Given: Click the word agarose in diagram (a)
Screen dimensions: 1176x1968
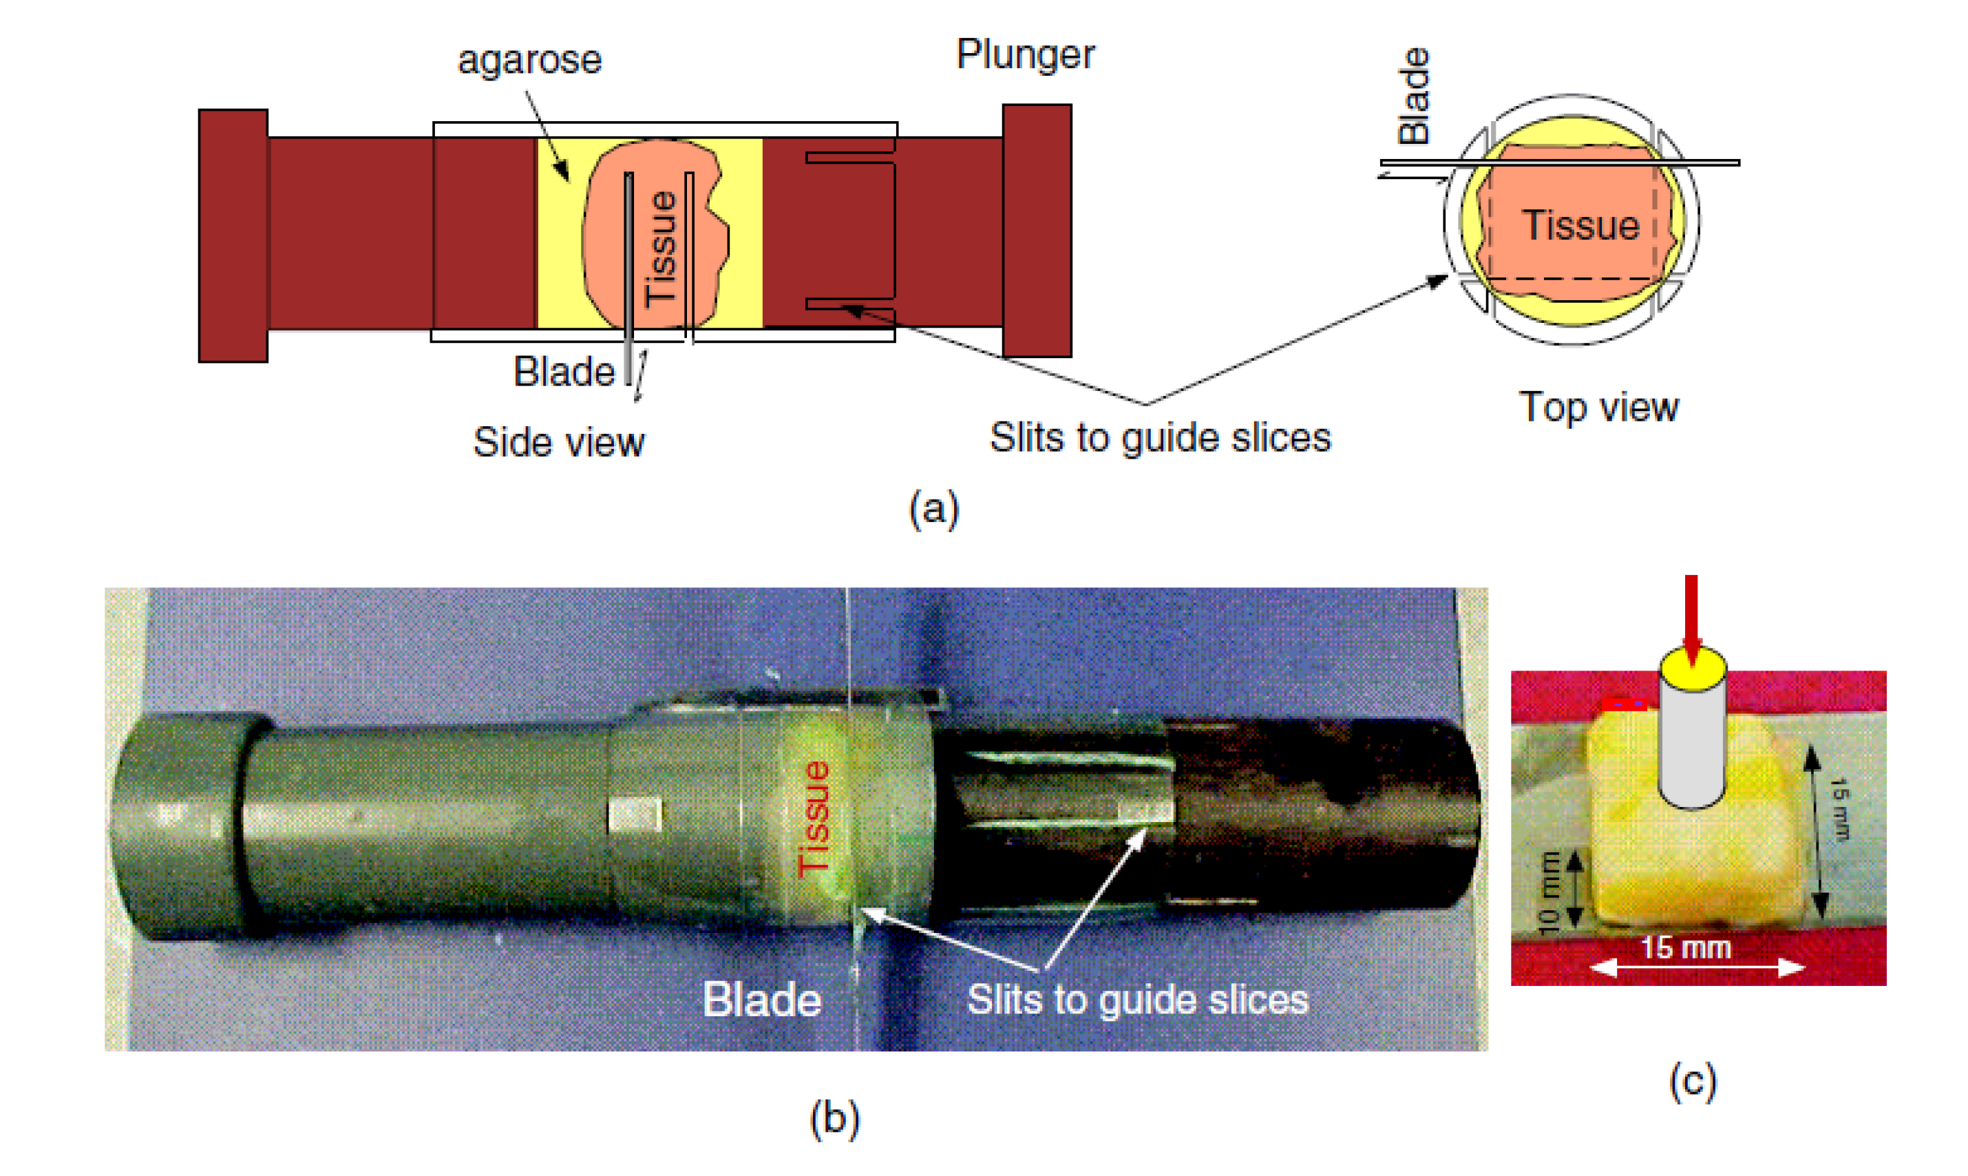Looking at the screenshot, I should tap(529, 60).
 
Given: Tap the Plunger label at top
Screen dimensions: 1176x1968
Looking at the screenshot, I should tap(1025, 54).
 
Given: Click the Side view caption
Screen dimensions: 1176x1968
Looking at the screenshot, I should tap(558, 441).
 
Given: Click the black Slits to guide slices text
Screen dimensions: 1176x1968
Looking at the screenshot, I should tap(1160, 437).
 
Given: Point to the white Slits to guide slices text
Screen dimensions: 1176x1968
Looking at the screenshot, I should tap(1137, 999).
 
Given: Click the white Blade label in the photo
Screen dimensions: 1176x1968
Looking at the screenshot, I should tap(761, 999).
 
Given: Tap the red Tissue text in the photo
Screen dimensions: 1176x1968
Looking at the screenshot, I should tap(814, 819).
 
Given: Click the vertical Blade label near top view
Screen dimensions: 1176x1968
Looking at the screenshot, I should tap(1413, 96).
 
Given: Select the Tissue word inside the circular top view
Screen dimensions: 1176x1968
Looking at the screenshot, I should tap(1580, 225).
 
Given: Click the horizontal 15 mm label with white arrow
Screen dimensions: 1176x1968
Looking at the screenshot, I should tap(1685, 948).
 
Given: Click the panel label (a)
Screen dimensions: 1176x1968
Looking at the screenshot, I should tap(933, 508).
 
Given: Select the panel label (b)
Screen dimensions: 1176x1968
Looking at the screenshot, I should tap(834, 1118).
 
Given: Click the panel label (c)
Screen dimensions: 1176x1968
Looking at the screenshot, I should tap(1692, 1081).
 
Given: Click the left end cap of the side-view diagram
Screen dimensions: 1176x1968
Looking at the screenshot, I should tap(233, 235).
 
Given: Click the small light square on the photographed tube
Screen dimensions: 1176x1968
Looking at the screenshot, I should tap(634, 815).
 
